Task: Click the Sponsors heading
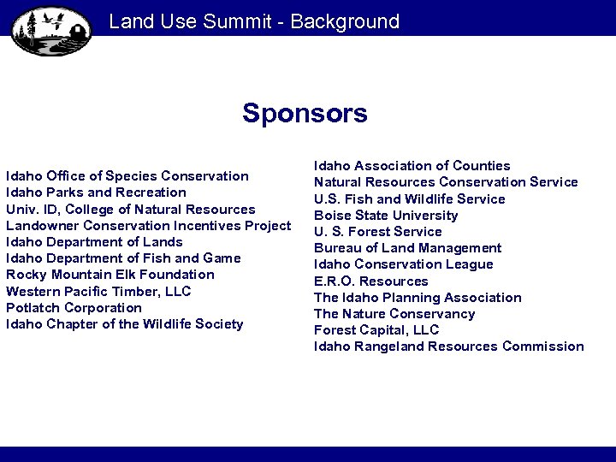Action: click(305, 113)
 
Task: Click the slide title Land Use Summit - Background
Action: click(254, 21)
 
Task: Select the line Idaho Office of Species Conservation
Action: click(127, 176)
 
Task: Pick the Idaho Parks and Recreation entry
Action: click(96, 192)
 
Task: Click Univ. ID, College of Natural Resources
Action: click(131, 209)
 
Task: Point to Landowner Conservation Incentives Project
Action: click(149, 226)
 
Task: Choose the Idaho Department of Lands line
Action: click(94, 242)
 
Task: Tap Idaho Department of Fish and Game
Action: click(123, 258)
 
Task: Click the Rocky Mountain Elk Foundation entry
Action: click(110, 275)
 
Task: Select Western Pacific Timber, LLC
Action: click(98, 292)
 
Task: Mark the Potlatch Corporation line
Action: click(74, 308)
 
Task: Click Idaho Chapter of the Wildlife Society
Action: click(125, 324)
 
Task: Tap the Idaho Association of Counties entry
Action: click(412, 166)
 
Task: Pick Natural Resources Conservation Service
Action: click(446, 182)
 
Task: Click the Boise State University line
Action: click(386, 216)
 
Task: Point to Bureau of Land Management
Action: click(408, 248)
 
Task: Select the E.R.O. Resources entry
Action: click(371, 281)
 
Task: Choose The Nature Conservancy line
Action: click(394, 314)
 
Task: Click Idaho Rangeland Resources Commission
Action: click(449, 346)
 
